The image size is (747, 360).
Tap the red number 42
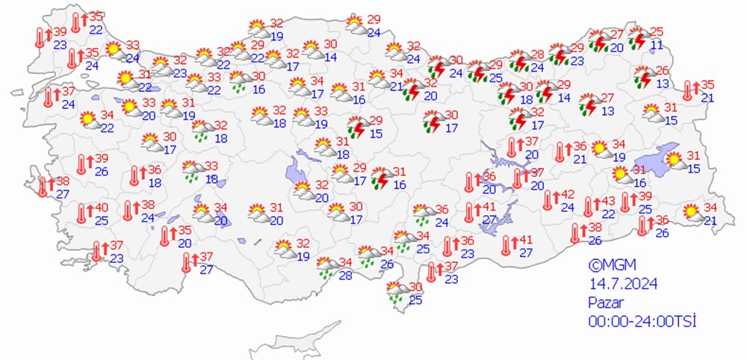(x=567, y=194)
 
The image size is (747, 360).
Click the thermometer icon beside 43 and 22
(x=589, y=207)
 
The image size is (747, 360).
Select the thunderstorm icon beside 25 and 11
(x=637, y=38)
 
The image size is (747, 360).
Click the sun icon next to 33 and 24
(x=114, y=51)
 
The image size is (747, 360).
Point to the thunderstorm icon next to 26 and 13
(x=642, y=77)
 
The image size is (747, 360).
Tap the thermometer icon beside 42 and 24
(x=550, y=200)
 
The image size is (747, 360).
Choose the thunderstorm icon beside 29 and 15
(x=356, y=127)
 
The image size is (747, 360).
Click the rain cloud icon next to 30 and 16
(x=241, y=81)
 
